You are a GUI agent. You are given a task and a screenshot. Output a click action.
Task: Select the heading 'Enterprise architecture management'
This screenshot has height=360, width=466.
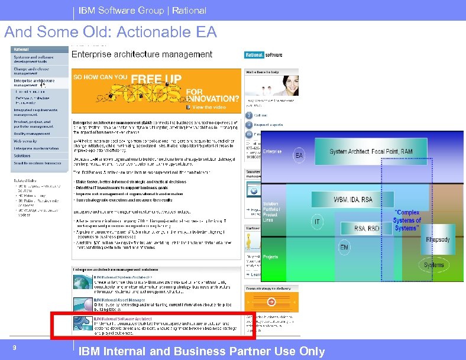pos(141,54)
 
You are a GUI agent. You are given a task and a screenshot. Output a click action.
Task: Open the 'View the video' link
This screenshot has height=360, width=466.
pos(209,108)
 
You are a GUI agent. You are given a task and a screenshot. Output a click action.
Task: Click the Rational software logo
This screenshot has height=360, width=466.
pos(263,55)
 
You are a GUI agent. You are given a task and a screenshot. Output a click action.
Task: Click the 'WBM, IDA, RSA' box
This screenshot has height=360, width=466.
pos(353,200)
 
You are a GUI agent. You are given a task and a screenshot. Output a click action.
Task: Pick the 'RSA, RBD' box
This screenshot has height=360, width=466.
pos(366,228)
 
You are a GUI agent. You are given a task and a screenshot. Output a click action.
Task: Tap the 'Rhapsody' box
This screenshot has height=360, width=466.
pos(437,239)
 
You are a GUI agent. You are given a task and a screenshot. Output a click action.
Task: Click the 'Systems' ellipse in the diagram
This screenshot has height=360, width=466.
pos(433,264)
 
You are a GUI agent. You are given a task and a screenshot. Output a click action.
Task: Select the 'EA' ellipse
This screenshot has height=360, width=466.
pos(299,156)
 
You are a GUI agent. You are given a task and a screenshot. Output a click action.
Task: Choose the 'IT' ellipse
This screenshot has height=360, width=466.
pos(317,222)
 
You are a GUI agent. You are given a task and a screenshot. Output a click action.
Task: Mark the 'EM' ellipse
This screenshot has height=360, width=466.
pos(344,247)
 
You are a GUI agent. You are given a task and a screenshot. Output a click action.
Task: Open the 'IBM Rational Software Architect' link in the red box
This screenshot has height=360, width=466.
pos(121,319)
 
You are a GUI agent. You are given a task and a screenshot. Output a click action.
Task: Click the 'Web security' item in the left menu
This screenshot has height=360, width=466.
pos(26,141)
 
